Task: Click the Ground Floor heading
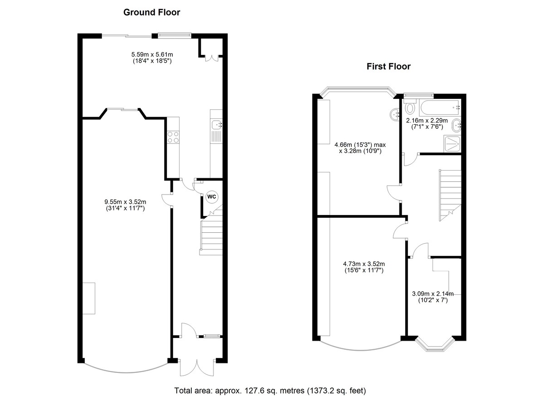[151, 13]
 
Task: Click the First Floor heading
[389, 67]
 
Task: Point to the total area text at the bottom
[270, 390]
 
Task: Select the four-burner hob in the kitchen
[173, 137]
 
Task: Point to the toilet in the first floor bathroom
[410, 108]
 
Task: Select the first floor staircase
[449, 193]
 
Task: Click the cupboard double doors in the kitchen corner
[211, 58]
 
